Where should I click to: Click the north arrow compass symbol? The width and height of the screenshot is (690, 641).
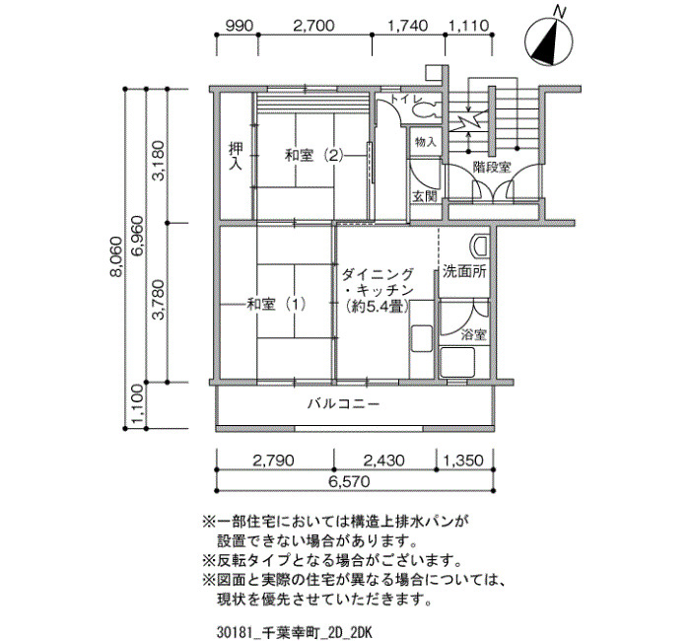(x=549, y=40)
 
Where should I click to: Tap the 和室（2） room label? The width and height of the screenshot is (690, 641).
(x=313, y=156)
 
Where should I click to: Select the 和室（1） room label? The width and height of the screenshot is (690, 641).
(x=276, y=304)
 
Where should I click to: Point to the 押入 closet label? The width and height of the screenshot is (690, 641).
(x=236, y=156)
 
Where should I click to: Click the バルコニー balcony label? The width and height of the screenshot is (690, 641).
(x=343, y=403)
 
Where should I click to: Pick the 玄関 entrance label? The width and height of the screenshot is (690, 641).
(x=425, y=197)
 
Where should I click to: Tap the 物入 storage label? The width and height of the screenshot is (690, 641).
(x=426, y=142)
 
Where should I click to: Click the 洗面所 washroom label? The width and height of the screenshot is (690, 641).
(x=464, y=271)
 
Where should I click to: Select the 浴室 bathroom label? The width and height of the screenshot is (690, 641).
(x=473, y=335)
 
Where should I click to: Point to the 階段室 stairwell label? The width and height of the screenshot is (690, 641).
(x=492, y=168)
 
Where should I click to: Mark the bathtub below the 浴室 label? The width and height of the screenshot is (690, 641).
(x=457, y=362)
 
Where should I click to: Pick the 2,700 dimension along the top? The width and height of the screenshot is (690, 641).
(x=313, y=25)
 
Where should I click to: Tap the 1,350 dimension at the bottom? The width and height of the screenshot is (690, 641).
(x=463, y=461)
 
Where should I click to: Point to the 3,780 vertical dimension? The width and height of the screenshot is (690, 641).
(x=159, y=300)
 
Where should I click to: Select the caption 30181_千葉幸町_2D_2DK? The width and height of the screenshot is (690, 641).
(x=294, y=633)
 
